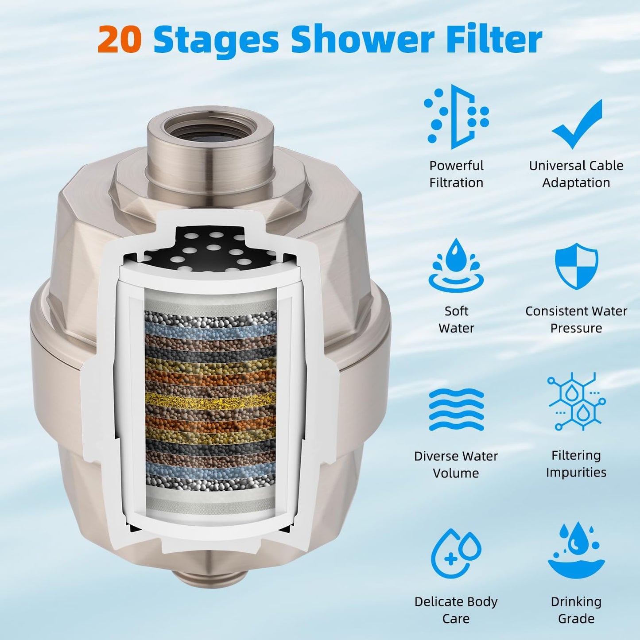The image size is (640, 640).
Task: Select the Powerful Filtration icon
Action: (x=456, y=117)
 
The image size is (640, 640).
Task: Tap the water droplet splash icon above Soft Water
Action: (x=456, y=266)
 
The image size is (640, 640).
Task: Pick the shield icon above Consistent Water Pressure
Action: (x=576, y=266)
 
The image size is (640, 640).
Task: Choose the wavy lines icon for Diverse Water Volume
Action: (x=456, y=409)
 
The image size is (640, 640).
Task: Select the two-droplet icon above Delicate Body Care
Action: (x=456, y=554)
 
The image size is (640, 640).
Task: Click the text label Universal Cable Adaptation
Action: (x=576, y=174)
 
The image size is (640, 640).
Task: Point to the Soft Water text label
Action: (x=456, y=319)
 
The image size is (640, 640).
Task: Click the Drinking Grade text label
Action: (x=576, y=610)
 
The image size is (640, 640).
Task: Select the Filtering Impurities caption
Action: (x=576, y=464)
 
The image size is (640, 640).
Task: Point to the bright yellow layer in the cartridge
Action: (x=210, y=400)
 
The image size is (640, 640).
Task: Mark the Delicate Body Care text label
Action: (x=456, y=610)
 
